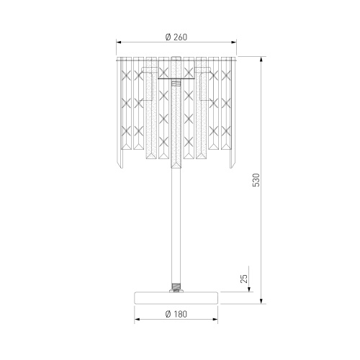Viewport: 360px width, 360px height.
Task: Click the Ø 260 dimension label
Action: pyautogui.click(x=176, y=37)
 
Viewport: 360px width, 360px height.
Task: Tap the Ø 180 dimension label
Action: pyautogui.click(x=176, y=314)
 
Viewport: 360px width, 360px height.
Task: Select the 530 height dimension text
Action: pyautogui.click(x=256, y=180)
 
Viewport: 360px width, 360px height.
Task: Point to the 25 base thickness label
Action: pyautogui.click(x=243, y=279)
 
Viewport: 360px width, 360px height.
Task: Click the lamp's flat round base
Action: pyautogui.click(x=176, y=298)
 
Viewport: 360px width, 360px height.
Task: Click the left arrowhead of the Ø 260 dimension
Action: pyautogui.click(x=119, y=42)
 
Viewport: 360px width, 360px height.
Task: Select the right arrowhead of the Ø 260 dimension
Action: pyautogui.click(x=233, y=42)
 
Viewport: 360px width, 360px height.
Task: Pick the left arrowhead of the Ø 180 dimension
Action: pyautogui.click(x=138, y=319)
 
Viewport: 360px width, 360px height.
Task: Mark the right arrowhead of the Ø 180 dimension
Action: pyautogui.click(x=215, y=319)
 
